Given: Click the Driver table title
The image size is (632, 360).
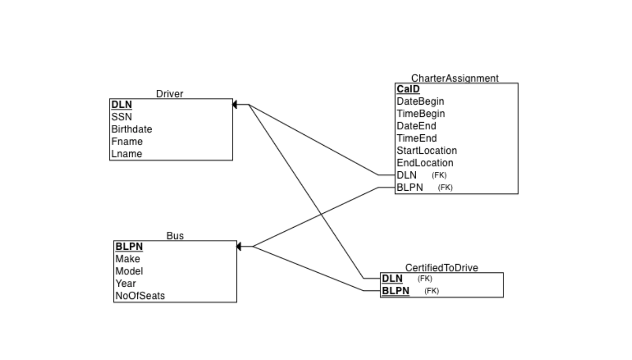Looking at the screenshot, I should tap(170, 94).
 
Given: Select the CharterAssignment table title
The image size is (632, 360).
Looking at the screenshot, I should tap(455, 78).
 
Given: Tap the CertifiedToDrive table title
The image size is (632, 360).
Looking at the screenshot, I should tap(441, 268).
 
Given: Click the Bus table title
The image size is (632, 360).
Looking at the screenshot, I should tap(175, 236).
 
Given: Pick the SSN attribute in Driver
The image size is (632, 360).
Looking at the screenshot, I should tap(121, 117).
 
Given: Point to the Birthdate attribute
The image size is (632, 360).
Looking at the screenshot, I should tap(132, 129).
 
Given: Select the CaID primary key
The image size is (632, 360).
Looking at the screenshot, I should tap(408, 89).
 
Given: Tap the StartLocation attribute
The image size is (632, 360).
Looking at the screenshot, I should tap(426, 151).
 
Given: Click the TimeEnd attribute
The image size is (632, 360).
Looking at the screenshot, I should tap(416, 138).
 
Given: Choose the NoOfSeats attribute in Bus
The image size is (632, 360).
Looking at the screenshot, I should tap(140, 296).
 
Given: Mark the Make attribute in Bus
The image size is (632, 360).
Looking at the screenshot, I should tap(128, 259).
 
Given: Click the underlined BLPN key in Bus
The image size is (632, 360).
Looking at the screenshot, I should tap(129, 247).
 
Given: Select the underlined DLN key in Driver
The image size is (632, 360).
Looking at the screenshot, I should tap(121, 105).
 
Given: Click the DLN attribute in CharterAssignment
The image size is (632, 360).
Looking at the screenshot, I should tap(406, 175).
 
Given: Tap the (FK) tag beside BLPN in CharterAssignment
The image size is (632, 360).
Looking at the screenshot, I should tap(445, 188).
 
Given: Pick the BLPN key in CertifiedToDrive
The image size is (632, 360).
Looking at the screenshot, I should tap(395, 291).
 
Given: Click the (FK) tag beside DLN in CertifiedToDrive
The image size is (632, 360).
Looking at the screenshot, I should tap(425, 279).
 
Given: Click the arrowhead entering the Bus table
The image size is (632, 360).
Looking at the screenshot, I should tap(238, 247).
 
